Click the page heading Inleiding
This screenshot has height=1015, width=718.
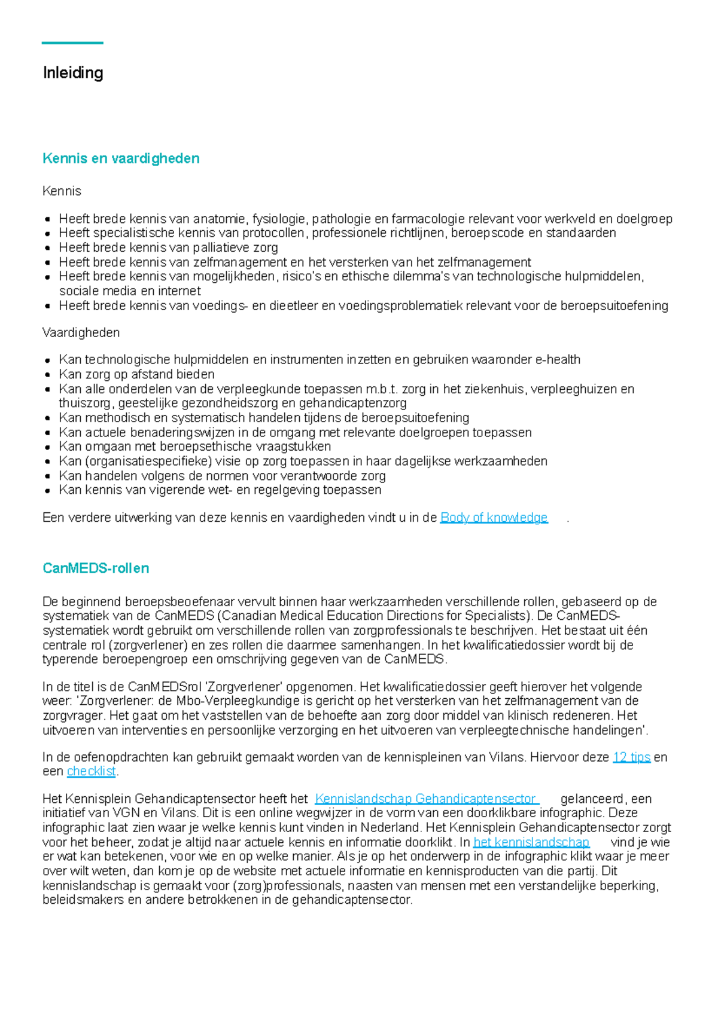click(x=73, y=73)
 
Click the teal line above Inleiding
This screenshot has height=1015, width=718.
click(x=72, y=43)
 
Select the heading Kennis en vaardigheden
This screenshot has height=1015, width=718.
click(x=121, y=158)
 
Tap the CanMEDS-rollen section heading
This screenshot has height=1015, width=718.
click(x=96, y=568)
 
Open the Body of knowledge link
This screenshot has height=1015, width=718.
click(x=494, y=518)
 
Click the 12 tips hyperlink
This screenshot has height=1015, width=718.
click(x=631, y=757)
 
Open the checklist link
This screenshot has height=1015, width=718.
click(x=91, y=772)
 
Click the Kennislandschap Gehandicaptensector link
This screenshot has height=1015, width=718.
click(x=425, y=799)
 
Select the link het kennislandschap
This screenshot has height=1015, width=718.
click(x=531, y=843)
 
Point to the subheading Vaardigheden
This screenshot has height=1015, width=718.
click(x=81, y=332)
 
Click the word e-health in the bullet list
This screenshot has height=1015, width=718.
click(x=558, y=360)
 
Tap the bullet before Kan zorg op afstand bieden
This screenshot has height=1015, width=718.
click(x=47, y=375)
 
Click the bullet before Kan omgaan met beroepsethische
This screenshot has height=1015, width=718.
click(x=47, y=447)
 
